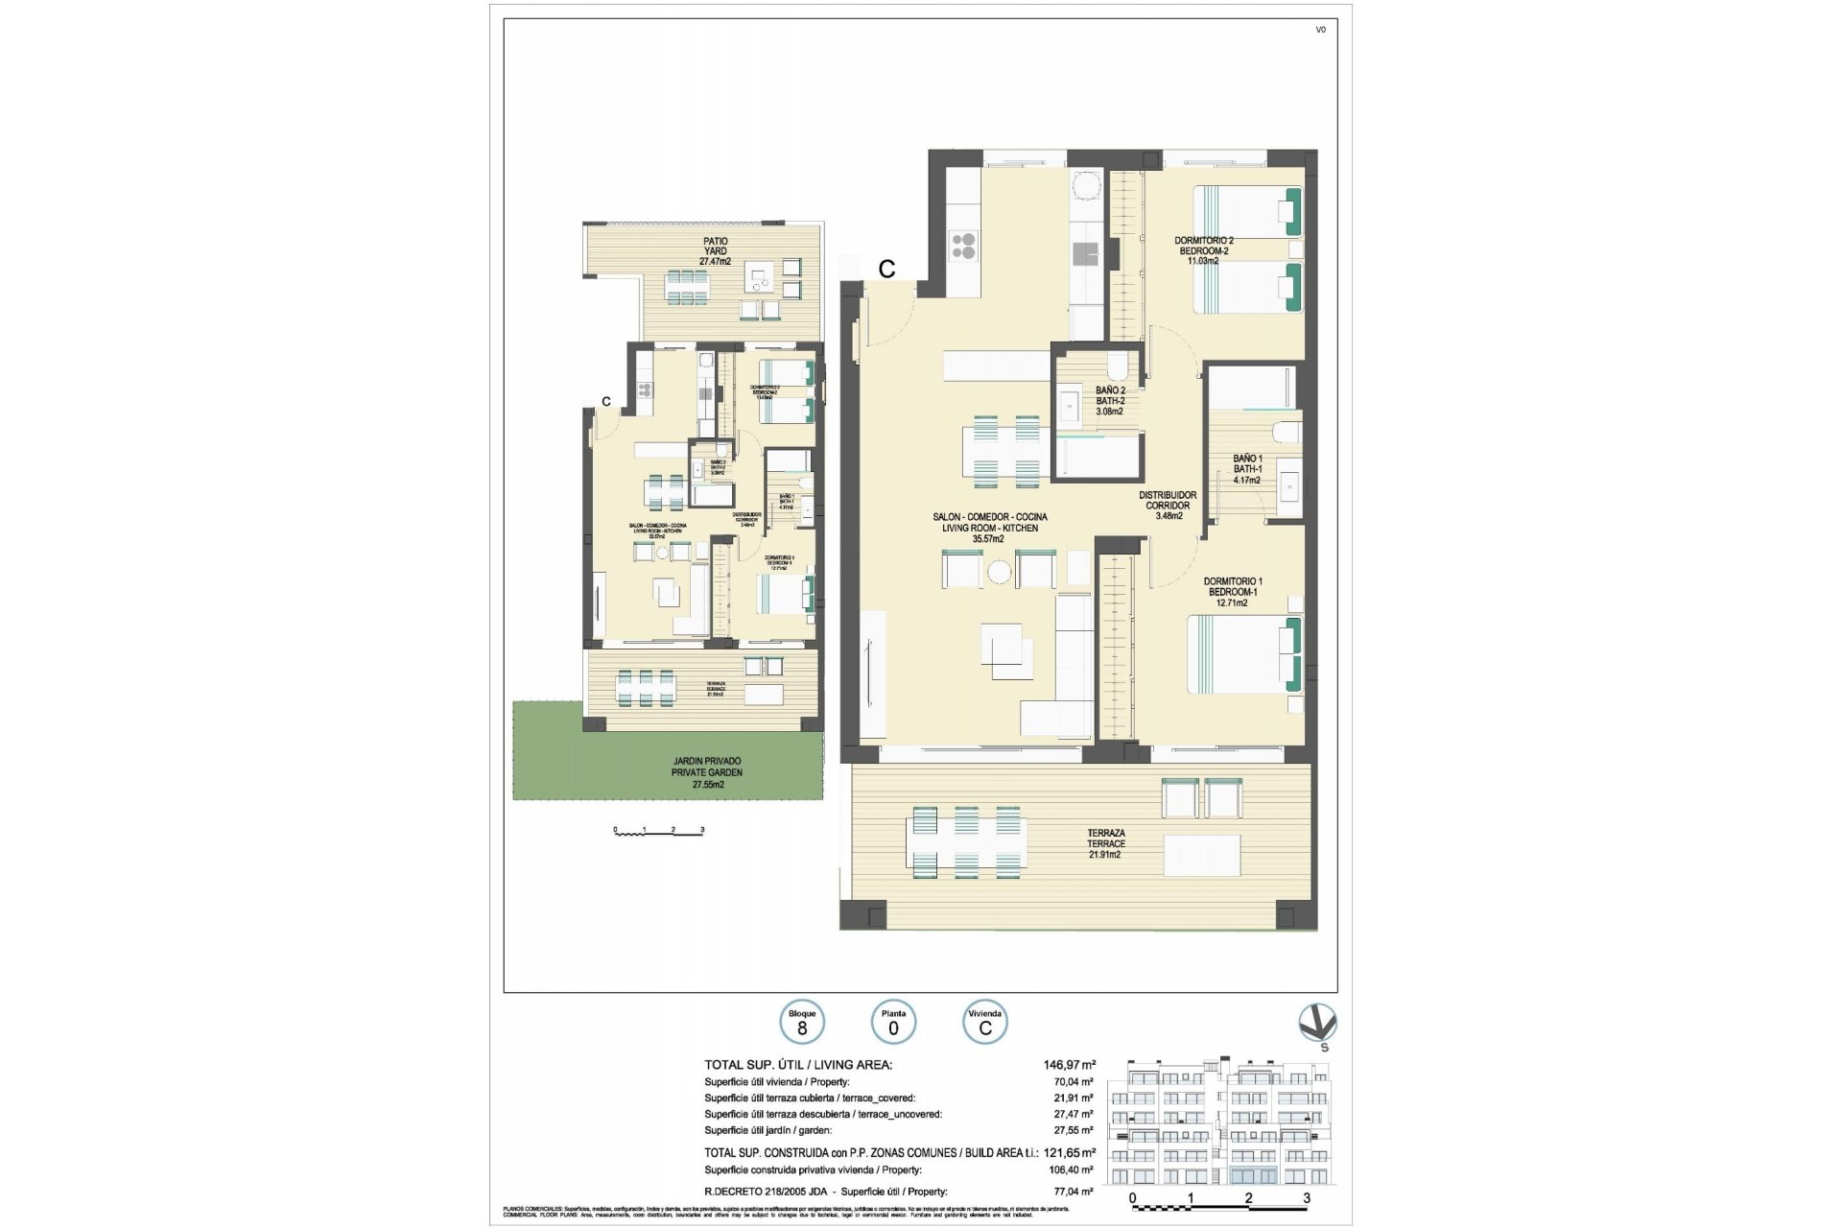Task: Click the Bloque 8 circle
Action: click(x=802, y=1024)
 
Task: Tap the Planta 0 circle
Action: click(x=893, y=1024)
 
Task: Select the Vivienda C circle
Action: click(x=984, y=1024)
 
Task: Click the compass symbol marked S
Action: click(x=1317, y=1024)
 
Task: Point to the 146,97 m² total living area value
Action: click(x=1069, y=1064)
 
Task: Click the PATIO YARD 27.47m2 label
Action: click(x=715, y=251)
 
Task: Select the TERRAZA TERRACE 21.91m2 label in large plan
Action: click(x=1105, y=843)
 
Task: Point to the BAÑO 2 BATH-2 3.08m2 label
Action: click(x=1109, y=401)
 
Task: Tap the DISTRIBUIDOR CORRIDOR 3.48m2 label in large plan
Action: click(x=1167, y=506)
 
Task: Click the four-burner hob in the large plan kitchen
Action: click(x=962, y=247)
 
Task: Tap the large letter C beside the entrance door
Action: click(x=886, y=270)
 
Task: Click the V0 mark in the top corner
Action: click(x=1320, y=30)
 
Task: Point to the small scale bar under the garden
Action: click(x=659, y=831)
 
